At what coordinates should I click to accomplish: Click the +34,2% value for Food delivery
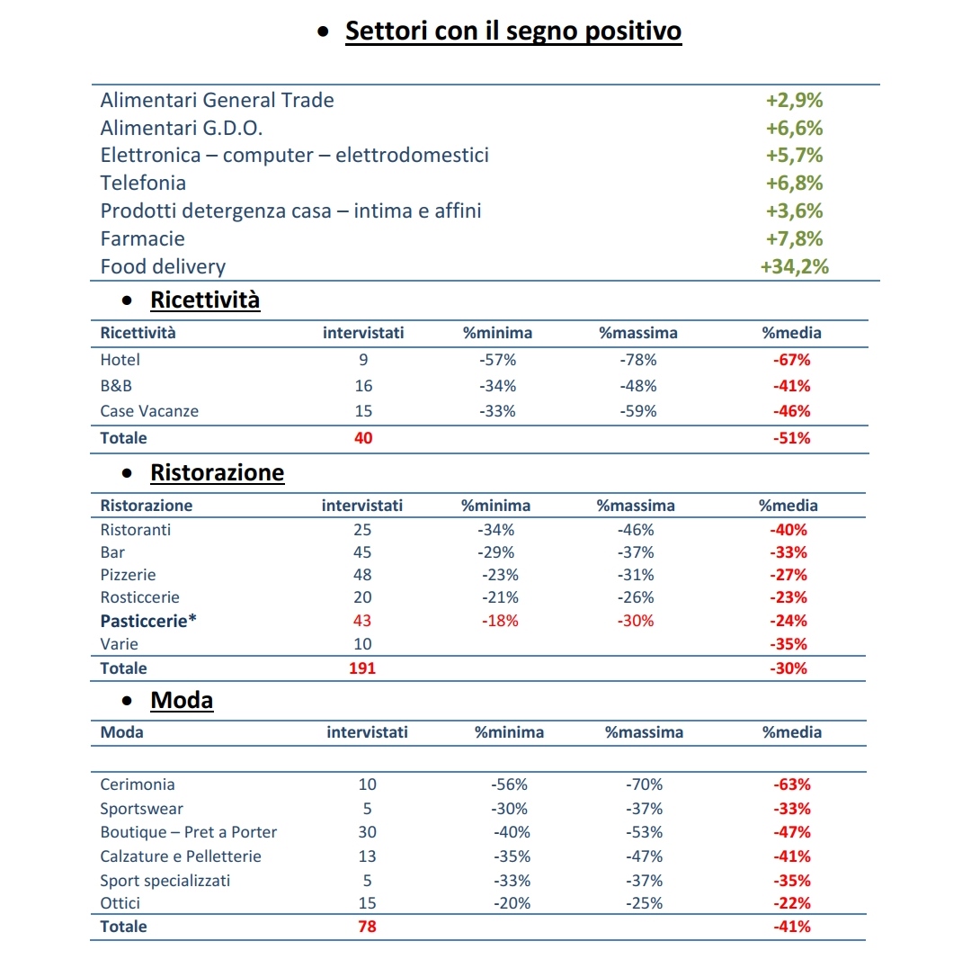(795, 266)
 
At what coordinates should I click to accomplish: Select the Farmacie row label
(142, 238)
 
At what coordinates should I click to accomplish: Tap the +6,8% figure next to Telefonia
(795, 183)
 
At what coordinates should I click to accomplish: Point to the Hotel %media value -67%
(792, 360)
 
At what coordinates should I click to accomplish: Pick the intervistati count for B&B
(363, 385)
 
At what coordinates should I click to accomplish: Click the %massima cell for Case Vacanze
(638, 411)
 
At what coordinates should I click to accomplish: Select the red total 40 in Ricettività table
(363, 438)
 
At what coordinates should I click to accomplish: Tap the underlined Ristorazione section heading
(218, 472)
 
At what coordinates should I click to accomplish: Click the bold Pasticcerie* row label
(148, 621)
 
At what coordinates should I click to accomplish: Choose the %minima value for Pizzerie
(501, 575)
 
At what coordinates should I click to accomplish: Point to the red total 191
(362, 668)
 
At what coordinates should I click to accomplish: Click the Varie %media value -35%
(789, 644)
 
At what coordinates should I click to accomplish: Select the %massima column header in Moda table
(644, 732)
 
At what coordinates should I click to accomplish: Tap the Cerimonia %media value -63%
(792, 784)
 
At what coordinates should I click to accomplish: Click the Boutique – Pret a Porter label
(188, 831)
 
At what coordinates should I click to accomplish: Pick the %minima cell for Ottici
(512, 903)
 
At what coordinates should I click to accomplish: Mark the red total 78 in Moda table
(367, 927)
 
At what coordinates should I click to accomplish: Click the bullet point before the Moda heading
(127, 701)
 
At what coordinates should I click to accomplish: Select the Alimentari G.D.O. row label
(182, 128)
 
